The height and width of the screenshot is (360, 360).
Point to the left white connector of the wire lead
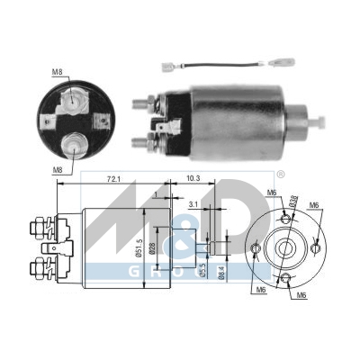[x=168, y=67]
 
